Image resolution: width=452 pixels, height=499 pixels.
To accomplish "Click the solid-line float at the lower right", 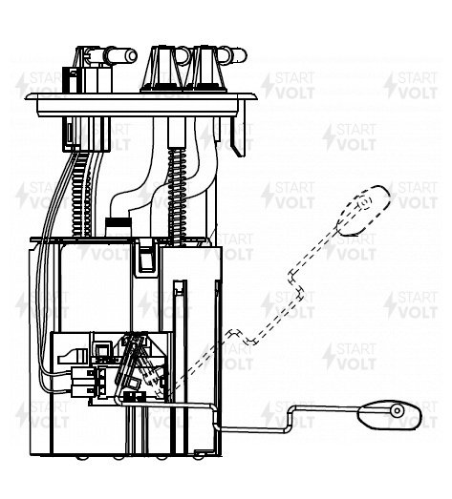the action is [x=390, y=415].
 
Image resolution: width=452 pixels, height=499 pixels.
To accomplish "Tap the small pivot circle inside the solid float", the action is [x=398, y=410].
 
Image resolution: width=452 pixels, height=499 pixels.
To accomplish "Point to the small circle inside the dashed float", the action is [x=364, y=202].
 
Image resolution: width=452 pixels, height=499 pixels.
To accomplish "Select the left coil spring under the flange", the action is [x=81, y=195].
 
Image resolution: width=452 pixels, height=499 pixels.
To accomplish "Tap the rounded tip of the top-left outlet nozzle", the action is [x=131, y=55].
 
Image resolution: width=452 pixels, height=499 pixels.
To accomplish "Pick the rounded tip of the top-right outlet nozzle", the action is [x=241, y=55].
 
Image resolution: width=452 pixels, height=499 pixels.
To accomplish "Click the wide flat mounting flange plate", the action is [x=141, y=103].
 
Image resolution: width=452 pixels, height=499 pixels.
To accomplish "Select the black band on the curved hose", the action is [x=118, y=222].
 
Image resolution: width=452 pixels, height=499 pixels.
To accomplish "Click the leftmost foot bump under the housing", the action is [x=80, y=458].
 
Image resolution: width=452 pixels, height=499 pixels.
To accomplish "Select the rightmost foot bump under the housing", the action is [x=198, y=458].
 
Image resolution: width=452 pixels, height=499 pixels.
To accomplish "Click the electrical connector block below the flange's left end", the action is [x=86, y=134].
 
